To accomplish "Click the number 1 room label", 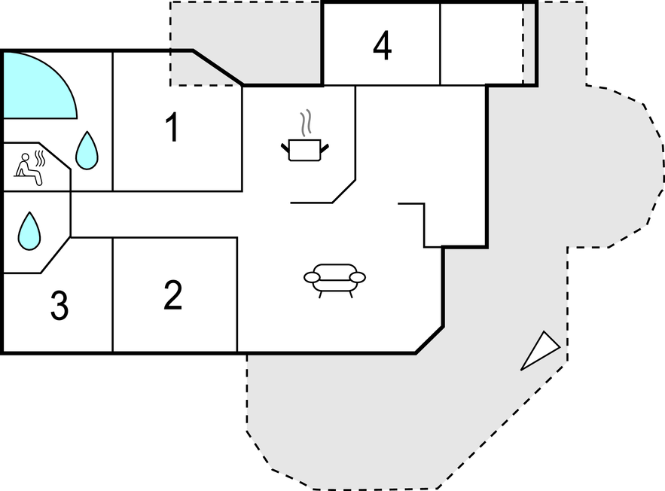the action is pos(173,127).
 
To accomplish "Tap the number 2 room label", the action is pos(173,295).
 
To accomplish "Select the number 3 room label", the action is pos(59,305).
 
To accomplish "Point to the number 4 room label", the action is pos(382,45).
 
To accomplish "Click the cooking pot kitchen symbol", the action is pos(305,149).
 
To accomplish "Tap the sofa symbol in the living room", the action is pos(334,281).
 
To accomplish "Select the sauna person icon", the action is pos(29,169).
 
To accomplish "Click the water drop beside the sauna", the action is pos(87,151).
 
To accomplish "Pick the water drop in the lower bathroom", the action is pos(29,231).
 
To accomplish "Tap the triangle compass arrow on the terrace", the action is pos(540,351).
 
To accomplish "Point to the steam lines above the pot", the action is pos(306,123).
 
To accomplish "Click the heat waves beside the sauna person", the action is pos(39,159).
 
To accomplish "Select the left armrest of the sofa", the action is pos(312,277).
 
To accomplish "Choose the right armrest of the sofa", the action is pos(358,277).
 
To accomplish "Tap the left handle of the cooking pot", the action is pos(285,148).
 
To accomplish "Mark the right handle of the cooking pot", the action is pos(325,148).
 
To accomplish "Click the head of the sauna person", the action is pos(26,157).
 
